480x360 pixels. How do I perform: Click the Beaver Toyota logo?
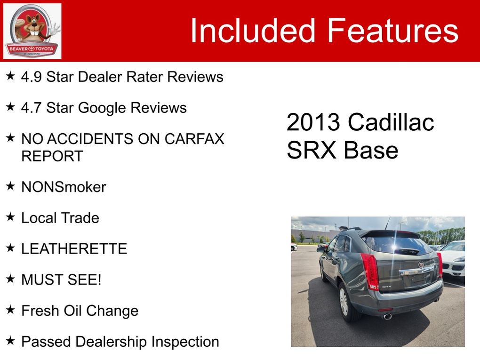pos(32,31)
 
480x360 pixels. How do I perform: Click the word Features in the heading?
pos(393,30)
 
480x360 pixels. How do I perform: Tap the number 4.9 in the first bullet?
pos(31,77)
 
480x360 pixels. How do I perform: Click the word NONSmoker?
pos(64,187)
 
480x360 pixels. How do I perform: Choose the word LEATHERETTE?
pos(74,248)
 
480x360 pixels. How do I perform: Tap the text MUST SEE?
pos(61,280)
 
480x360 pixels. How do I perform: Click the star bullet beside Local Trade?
pos(10,217)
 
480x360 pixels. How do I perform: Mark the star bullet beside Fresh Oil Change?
pos(10,310)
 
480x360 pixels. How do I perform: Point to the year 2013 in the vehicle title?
pos(313,122)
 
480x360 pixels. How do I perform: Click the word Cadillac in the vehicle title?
pos(391,122)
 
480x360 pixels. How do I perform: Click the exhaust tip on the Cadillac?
pos(388,317)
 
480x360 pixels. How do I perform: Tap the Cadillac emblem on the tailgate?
pos(421,264)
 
